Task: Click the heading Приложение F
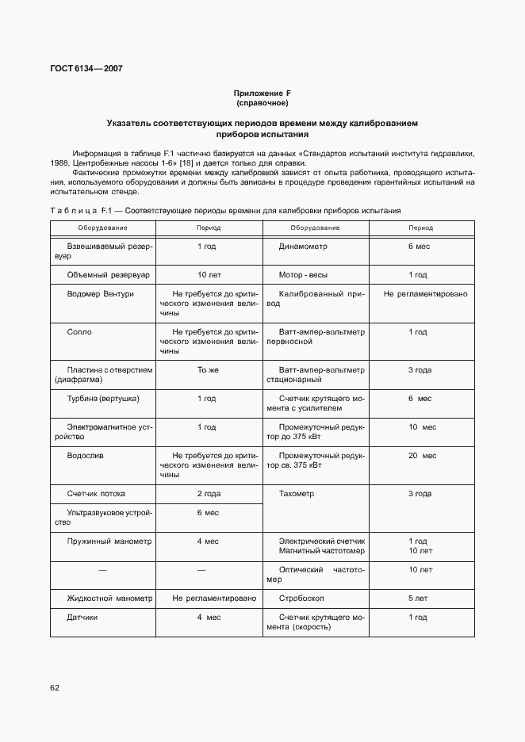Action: (262, 94)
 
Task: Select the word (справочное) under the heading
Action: (262, 103)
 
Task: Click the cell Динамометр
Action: (303, 247)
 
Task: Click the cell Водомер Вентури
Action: (100, 294)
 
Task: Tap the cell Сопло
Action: (79, 332)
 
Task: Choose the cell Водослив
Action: (85, 456)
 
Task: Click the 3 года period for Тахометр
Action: (420, 494)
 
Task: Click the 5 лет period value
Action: (420, 598)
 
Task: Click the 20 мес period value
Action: (422, 456)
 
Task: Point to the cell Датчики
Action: (82, 617)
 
